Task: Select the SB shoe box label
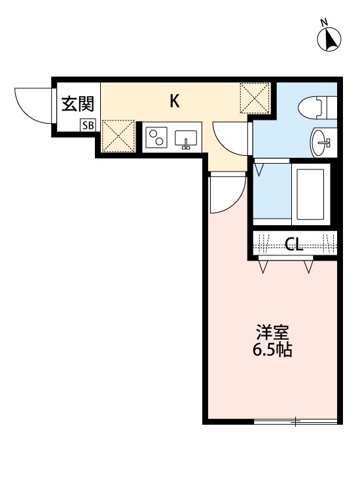(x=87, y=125)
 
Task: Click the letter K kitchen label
(x=175, y=101)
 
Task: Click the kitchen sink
(x=187, y=139)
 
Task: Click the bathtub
(x=312, y=195)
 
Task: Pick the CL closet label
(x=294, y=245)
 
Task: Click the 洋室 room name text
(x=272, y=332)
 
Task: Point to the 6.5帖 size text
(x=272, y=350)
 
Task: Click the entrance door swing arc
(x=33, y=104)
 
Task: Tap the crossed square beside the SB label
(x=118, y=136)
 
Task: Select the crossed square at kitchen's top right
(x=255, y=98)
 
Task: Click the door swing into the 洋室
(x=225, y=194)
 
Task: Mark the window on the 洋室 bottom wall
(x=296, y=422)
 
